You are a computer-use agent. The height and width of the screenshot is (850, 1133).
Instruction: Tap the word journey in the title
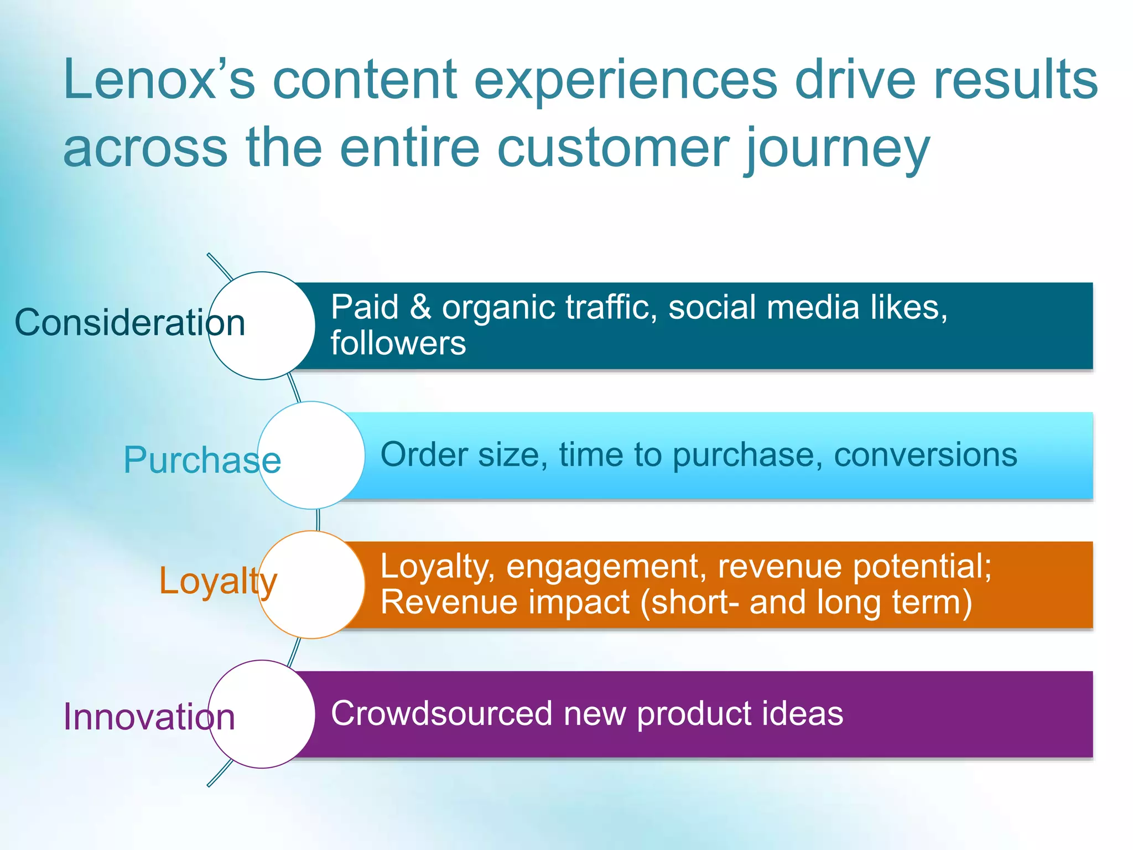[x=838, y=149]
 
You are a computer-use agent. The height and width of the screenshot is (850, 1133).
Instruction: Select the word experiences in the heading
[x=626, y=80]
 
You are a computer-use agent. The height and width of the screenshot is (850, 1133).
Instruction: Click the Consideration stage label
[x=129, y=323]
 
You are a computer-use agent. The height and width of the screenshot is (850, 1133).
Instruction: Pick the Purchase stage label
[x=202, y=460]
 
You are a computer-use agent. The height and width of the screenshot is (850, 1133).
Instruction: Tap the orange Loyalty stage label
[x=217, y=581]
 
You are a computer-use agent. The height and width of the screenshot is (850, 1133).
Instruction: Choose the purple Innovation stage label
[x=149, y=717]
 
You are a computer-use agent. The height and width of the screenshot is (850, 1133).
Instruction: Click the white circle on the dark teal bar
[x=262, y=326]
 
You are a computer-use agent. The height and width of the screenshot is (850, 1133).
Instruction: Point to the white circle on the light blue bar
[x=311, y=455]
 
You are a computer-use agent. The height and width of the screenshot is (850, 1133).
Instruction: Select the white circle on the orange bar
[x=311, y=585]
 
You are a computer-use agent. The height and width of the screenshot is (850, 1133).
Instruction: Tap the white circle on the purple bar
[x=262, y=714]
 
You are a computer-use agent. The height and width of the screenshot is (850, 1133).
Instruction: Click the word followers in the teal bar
[x=398, y=343]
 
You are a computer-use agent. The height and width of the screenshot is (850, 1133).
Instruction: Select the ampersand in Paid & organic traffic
[x=420, y=307]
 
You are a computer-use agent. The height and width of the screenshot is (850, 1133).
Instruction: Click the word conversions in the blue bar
[x=925, y=455]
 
